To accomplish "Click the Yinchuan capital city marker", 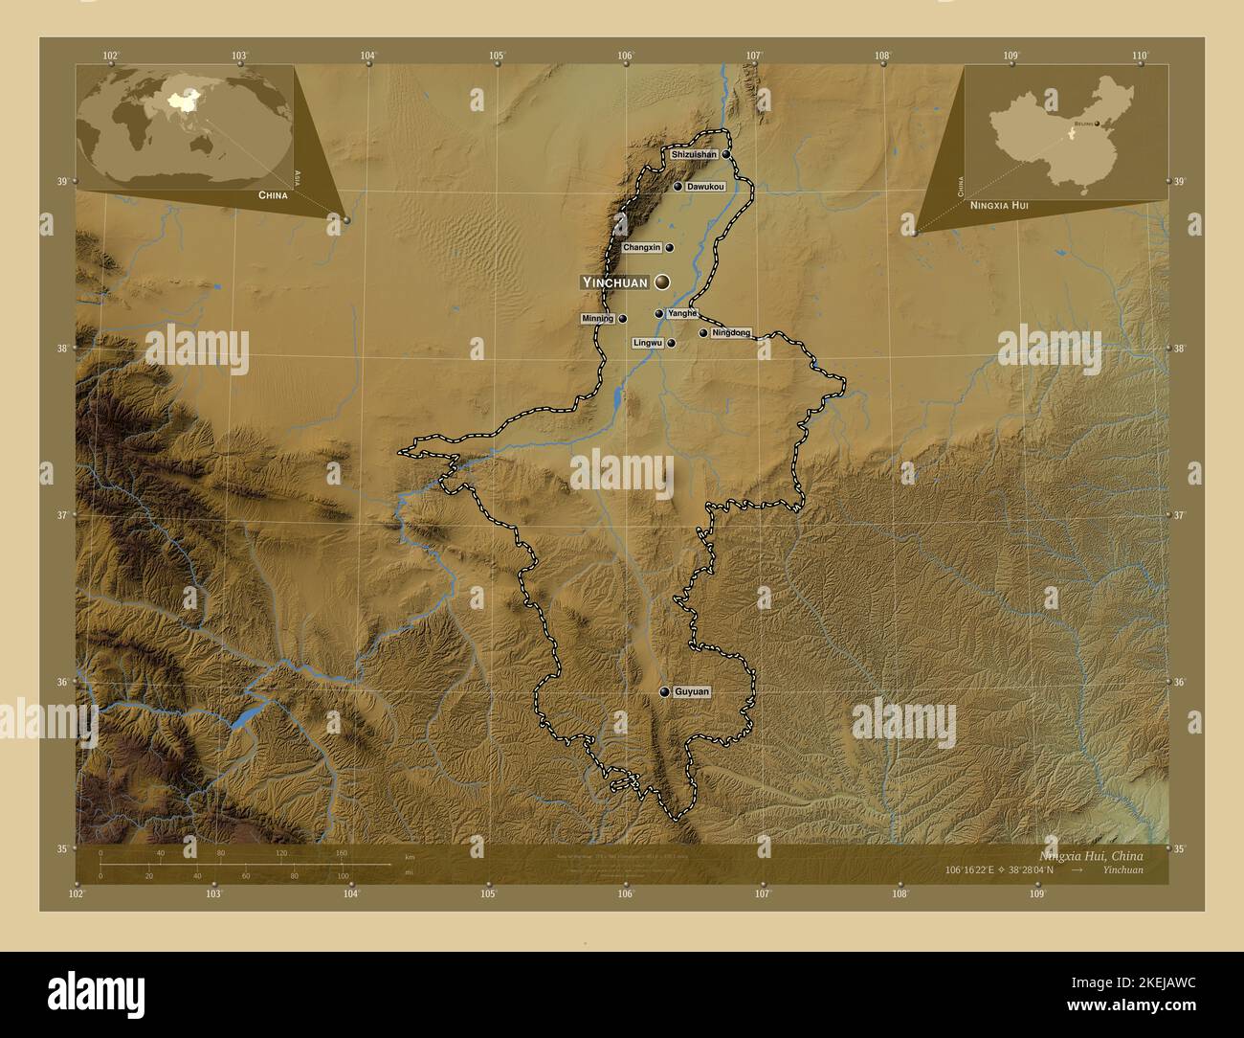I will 662,282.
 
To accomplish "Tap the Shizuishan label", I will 694,154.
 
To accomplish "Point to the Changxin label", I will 641,247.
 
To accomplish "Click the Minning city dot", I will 623,319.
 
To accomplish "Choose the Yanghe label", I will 682,313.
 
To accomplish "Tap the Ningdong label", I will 731,333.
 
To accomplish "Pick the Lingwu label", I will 648,342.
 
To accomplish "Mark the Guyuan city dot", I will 664,691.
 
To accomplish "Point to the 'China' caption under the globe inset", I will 273,194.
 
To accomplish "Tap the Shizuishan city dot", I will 726,154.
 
